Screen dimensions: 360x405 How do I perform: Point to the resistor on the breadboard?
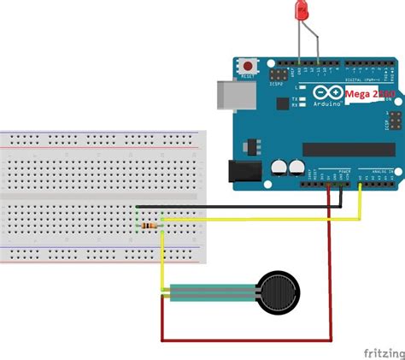(151, 225)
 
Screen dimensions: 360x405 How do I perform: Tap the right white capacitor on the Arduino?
(297, 168)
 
